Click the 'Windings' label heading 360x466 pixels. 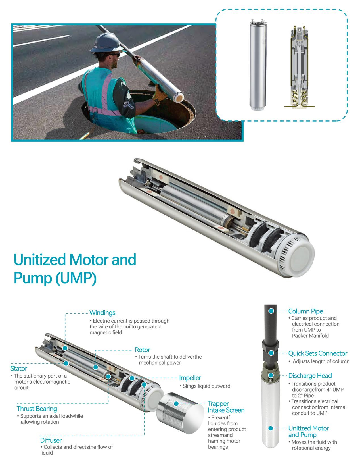tap(102, 313)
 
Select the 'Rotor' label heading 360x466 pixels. tap(143, 350)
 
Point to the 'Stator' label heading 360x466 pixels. tap(19, 369)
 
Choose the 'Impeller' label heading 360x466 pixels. tap(190, 378)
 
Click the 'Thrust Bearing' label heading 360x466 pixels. tap(37, 409)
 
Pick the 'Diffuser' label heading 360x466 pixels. tap(51, 440)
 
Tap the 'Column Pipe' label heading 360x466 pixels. tap(305, 311)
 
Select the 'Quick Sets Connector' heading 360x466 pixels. tap(318, 353)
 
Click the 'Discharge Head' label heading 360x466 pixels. tap(310, 376)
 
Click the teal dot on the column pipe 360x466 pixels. tap(271, 311)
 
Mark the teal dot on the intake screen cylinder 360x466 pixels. tap(176, 404)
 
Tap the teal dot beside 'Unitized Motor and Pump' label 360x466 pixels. tap(271, 428)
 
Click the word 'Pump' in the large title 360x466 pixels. tap(33, 278)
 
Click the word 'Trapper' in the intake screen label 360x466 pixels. tap(218, 404)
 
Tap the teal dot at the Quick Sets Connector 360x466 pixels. tap(271, 353)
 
